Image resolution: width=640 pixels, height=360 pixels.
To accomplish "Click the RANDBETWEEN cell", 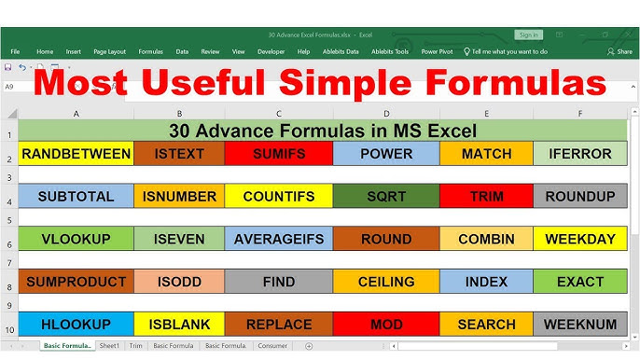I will point(76,154).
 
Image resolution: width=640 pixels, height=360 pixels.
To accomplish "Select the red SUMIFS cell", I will point(279,154).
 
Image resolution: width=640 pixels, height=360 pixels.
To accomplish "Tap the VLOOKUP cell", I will point(76,240).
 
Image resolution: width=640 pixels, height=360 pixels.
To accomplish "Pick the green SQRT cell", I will point(385,197).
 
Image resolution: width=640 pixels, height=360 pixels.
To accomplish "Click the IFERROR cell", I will point(580,154).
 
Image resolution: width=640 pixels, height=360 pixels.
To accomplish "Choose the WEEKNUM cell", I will point(580,325).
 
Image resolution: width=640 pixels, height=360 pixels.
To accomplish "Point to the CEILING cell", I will point(385,282).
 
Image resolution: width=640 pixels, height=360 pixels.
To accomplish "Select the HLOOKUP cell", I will point(76,325).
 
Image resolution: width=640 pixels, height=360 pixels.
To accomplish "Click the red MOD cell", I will point(385,325).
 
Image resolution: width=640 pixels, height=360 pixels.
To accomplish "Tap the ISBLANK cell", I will point(179,325).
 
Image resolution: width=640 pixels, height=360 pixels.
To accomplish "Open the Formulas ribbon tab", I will point(151,52).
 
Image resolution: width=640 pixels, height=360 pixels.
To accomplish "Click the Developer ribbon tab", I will point(271,52).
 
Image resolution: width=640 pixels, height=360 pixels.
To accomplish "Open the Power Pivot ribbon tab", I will point(438,52).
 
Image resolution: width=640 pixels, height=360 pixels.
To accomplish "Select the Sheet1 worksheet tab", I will point(110,346).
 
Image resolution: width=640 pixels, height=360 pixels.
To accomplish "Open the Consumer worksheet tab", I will point(272,346).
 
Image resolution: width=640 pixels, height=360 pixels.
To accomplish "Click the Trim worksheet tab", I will point(136,346).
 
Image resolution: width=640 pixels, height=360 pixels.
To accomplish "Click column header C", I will point(279,114).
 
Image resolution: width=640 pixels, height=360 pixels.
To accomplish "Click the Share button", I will point(619,52).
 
